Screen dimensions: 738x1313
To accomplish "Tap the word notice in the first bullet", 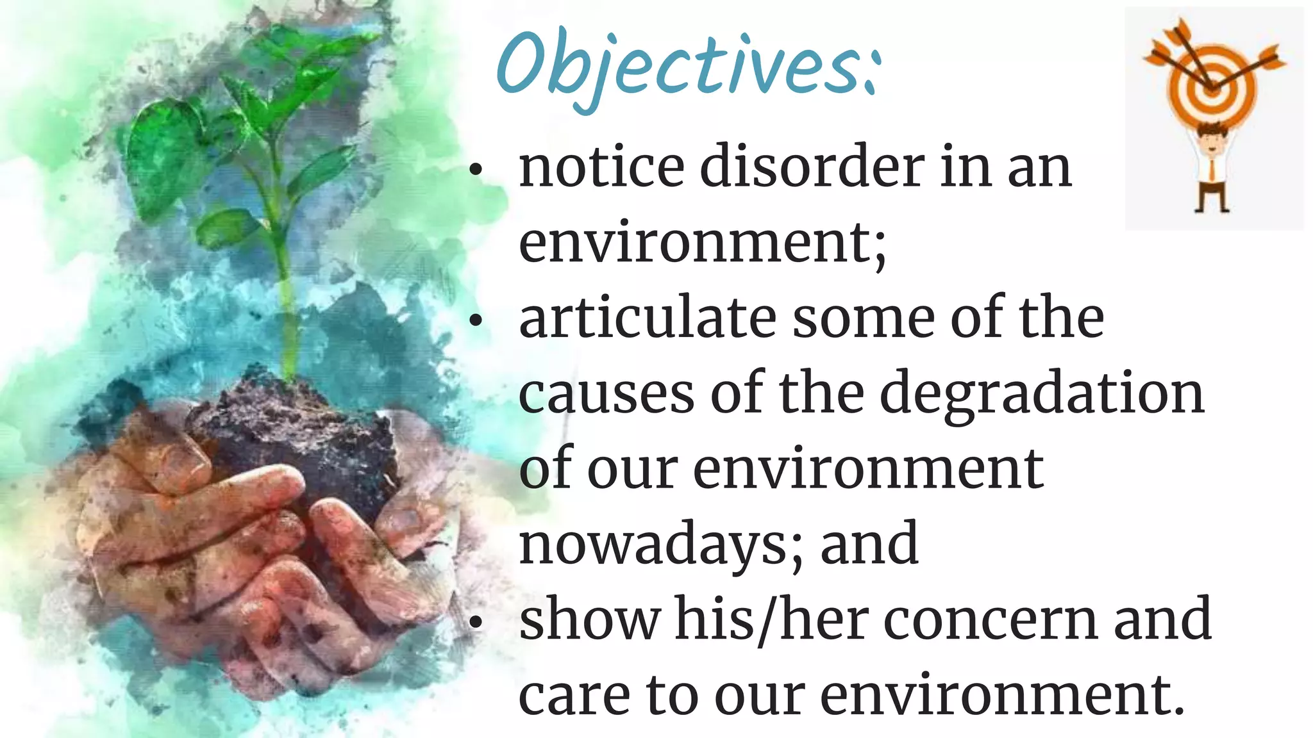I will point(601,167).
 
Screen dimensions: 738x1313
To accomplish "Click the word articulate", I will point(648,318).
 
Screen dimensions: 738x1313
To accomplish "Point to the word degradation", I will point(1042,394).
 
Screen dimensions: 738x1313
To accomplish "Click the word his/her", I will point(772,619).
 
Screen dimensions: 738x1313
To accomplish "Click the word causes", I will point(606,394).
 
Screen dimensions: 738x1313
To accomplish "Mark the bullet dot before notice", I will point(475,170).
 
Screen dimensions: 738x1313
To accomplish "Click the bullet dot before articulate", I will point(475,322).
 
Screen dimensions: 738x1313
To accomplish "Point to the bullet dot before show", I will point(475,623).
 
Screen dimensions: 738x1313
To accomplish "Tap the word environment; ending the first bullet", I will point(702,243).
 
